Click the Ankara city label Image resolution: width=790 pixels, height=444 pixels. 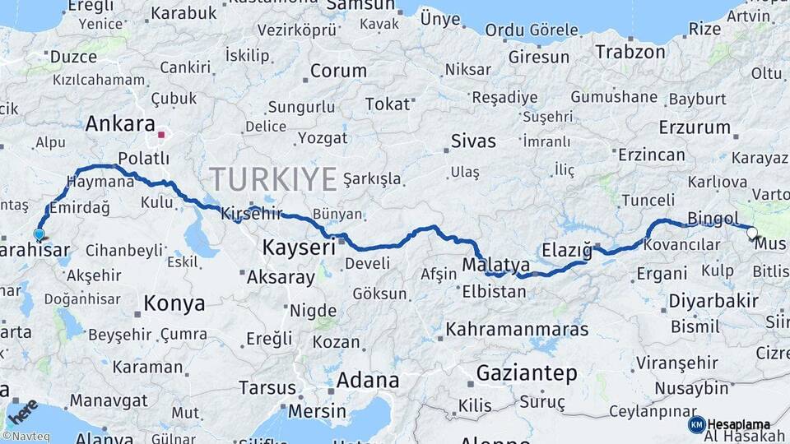click(x=120, y=124)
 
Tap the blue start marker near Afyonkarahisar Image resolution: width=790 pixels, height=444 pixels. click(x=39, y=234)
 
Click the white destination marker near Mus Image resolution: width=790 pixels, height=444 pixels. click(x=752, y=233)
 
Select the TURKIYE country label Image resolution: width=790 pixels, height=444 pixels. click(x=273, y=178)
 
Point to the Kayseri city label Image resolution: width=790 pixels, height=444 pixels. click(x=299, y=247)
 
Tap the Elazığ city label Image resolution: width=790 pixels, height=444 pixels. click(x=567, y=249)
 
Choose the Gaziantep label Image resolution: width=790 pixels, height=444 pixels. click(x=527, y=372)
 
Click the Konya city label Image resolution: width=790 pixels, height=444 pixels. click(x=174, y=303)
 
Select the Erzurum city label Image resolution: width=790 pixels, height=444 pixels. click(x=695, y=127)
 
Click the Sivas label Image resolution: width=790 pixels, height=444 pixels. click(x=473, y=141)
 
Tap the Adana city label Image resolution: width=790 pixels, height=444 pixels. click(x=367, y=381)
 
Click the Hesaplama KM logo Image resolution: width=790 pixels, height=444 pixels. click(x=727, y=424)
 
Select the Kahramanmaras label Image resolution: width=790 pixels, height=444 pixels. click(x=517, y=330)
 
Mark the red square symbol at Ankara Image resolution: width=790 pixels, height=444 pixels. click(x=162, y=135)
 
